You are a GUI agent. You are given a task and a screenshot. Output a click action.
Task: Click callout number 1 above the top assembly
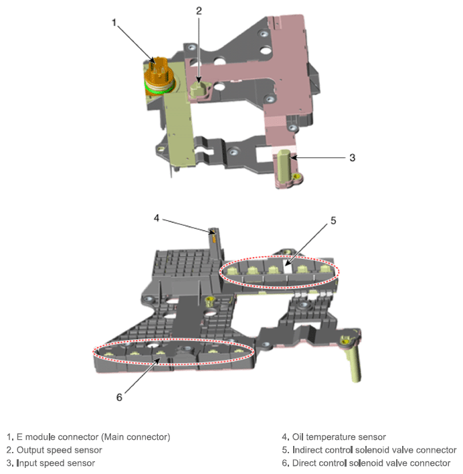(114, 22)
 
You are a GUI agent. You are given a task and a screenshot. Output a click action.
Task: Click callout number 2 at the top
(199, 11)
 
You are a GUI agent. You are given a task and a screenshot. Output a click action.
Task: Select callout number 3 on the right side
(352, 158)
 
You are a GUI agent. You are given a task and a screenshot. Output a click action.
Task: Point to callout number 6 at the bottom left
(119, 397)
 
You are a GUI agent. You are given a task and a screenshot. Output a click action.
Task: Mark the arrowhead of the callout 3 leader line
(293, 158)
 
